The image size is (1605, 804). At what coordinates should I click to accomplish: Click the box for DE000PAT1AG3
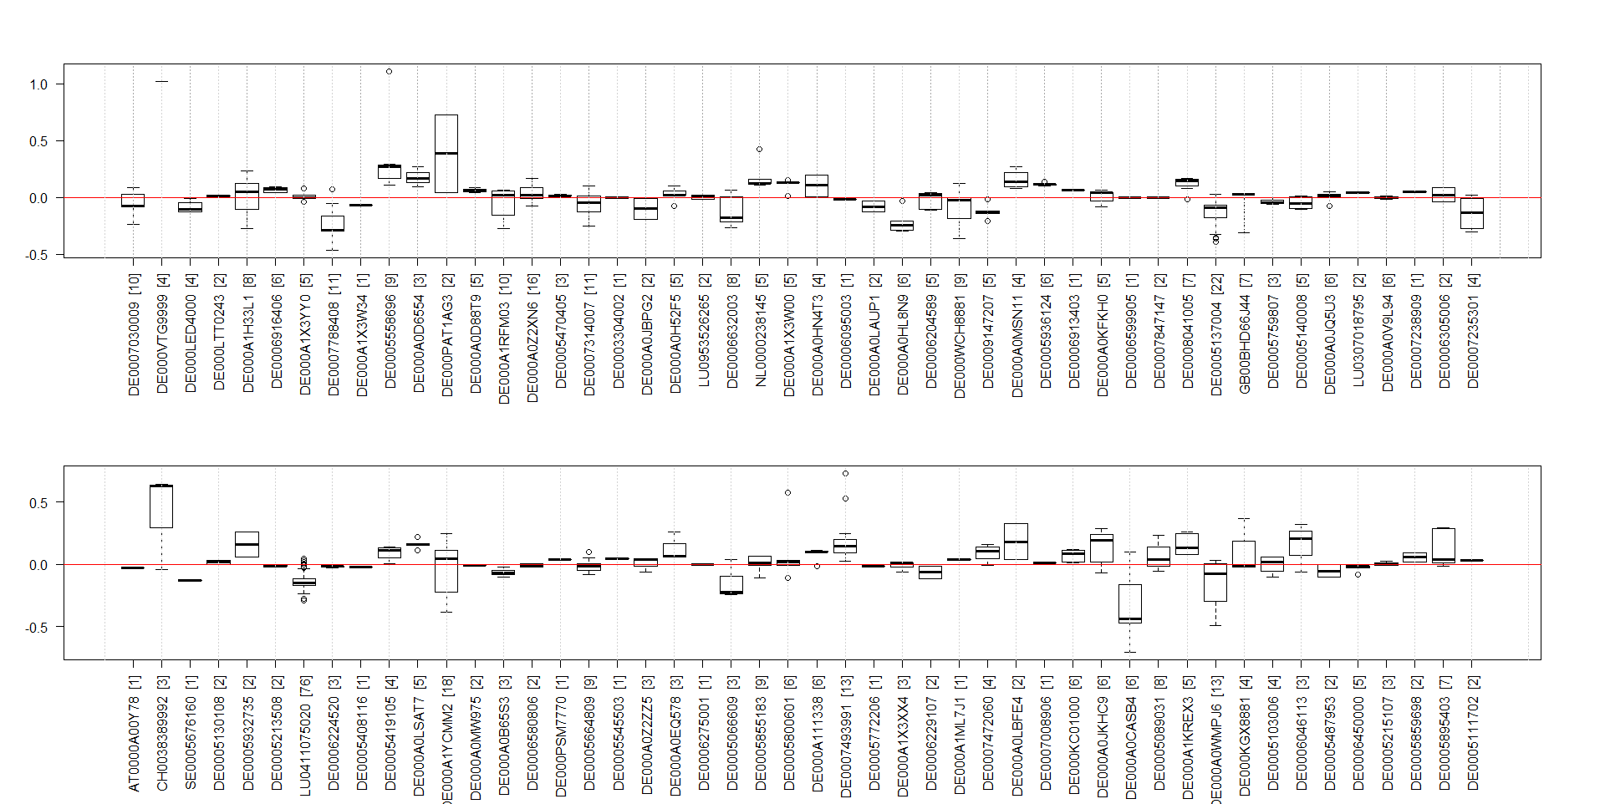[x=446, y=154]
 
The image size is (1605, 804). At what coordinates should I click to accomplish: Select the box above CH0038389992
[x=161, y=506]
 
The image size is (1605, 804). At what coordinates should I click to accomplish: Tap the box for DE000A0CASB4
[x=1130, y=603]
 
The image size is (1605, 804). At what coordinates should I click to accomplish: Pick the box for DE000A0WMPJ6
[x=1215, y=583]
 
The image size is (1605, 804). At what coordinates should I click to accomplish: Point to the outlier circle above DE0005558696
[x=390, y=72]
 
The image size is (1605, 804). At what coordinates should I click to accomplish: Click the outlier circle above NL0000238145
[x=760, y=150]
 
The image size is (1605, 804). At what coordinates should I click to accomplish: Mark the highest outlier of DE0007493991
[x=845, y=474]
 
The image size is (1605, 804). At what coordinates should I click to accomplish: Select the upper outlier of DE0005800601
[x=788, y=493]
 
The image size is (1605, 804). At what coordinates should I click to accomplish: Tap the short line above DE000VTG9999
[x=161, y=82]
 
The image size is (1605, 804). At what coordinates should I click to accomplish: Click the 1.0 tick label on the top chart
[x=38, y=84]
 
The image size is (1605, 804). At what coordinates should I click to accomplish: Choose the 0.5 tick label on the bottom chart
[x=39, y=503]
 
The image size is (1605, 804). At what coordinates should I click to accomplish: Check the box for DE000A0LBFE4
[x=1016, y=542]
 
